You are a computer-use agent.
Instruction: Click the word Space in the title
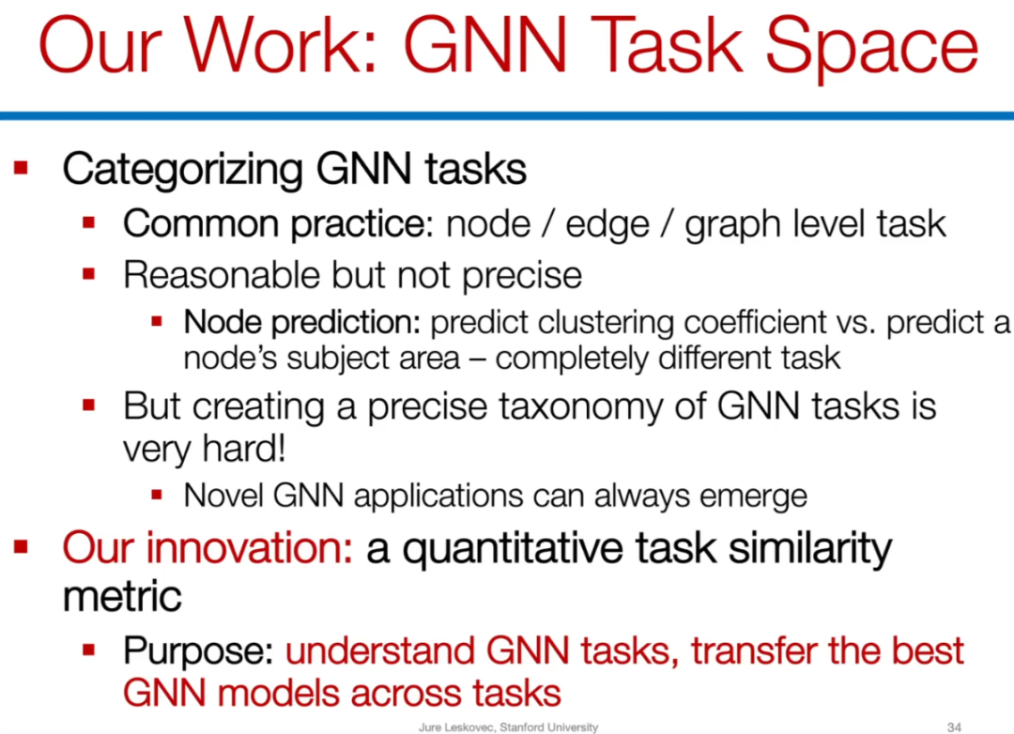click(871, 47)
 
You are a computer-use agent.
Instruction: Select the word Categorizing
click(182, 170)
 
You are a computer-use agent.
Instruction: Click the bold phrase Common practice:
click(278, 224)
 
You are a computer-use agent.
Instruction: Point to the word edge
click(607, 224)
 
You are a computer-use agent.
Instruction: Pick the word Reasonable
click(222, 274)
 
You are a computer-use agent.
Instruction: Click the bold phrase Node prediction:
click(302, 322)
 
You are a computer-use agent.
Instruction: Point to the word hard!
click(244, 448)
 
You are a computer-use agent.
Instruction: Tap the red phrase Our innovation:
click(207, 548)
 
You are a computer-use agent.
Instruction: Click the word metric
click(122, 596)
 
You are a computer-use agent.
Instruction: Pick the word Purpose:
click(198, 651)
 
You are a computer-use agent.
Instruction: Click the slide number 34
click(954, 727)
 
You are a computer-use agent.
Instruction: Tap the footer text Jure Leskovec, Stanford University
click(508, 727)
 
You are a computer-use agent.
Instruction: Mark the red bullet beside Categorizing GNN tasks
click(21, 168)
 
